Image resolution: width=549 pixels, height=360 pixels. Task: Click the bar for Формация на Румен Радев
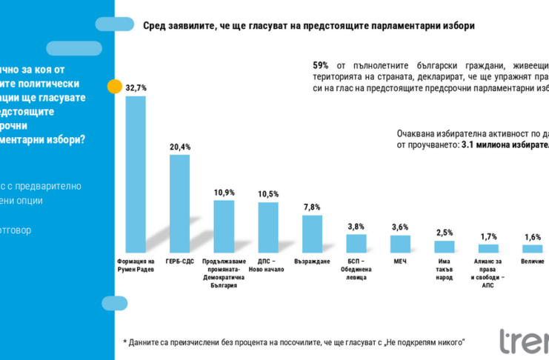click(136, 174)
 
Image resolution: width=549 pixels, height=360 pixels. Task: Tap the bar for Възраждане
click(312, 233)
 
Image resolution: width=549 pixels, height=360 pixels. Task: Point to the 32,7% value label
click(136, 87)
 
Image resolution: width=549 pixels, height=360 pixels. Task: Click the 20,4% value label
click(180, 147)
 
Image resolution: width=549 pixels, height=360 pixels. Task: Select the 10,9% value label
click(224, 192)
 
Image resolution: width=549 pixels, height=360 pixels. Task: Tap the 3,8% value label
click(356, 227)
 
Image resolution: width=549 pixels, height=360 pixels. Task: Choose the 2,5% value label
click(444, 233)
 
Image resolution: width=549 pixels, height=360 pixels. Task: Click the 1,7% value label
click(488, 236)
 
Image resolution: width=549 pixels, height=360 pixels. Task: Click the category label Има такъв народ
click(444, 269)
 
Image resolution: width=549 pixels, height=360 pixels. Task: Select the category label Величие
click(532, 261)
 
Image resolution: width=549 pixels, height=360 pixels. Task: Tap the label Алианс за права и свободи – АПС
click(488, 273)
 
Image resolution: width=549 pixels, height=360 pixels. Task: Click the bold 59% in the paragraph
click(321, 64)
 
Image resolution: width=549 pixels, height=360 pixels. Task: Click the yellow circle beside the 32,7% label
click(115, 85)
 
